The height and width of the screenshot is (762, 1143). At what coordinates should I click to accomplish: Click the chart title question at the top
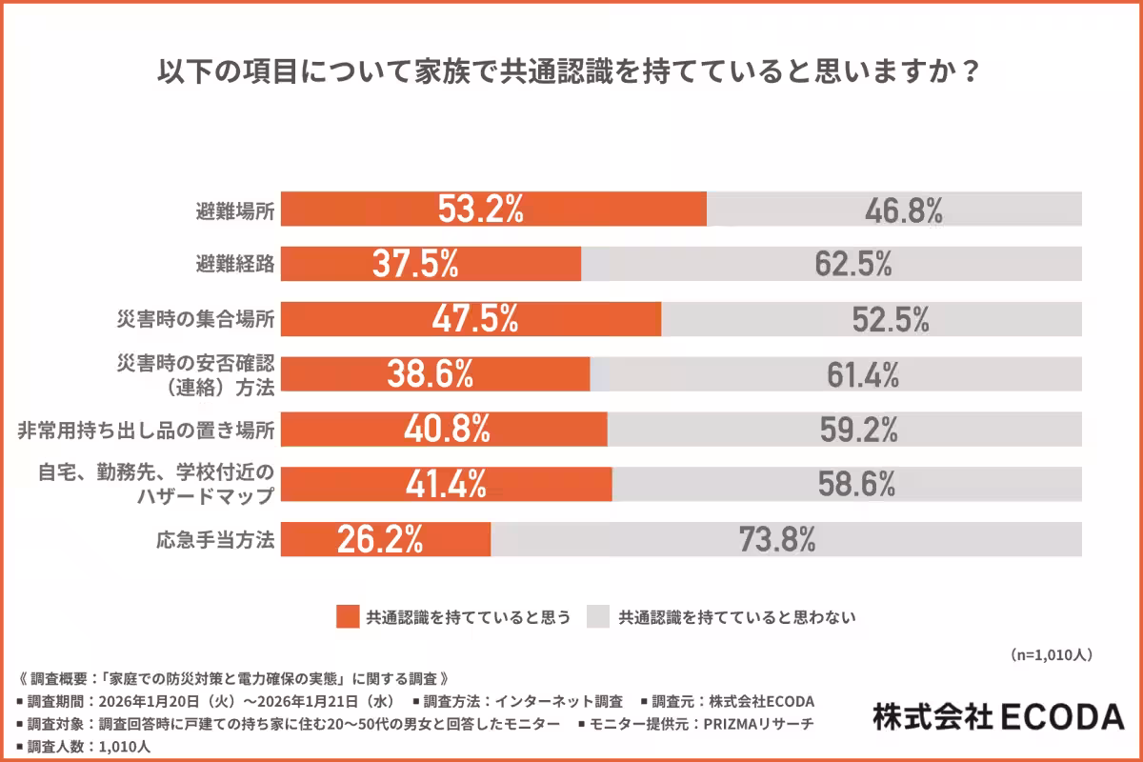pos(569,73)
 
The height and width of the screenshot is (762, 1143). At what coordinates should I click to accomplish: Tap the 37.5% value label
pos(415,265)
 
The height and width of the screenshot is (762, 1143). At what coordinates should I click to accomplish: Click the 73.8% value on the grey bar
pos(776,540)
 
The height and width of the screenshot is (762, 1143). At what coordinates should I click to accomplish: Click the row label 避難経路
pos(234,265)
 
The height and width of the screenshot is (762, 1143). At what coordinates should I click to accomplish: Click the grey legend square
pos(598,617)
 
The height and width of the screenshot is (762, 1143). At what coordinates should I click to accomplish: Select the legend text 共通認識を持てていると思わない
pos(737,617)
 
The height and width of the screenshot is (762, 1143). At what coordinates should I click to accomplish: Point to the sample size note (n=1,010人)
pos(1050,654)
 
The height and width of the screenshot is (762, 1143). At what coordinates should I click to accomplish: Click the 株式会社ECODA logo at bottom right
pos(997,715)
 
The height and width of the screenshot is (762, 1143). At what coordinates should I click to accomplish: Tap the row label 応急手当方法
pos(215,540)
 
